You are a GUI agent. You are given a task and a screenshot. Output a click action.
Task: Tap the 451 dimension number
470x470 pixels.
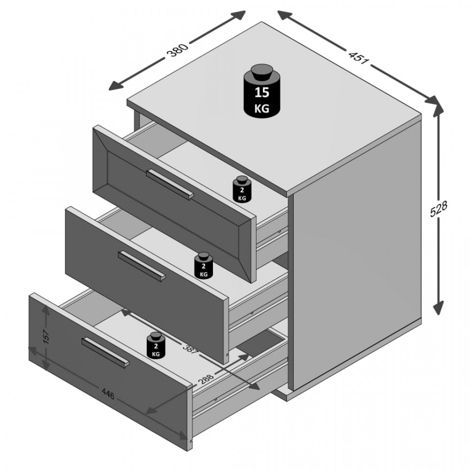coord(358,58)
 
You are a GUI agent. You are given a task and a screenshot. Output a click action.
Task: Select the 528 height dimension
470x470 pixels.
coord(438,209)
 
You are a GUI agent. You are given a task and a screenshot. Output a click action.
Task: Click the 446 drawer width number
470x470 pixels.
coord(108,394)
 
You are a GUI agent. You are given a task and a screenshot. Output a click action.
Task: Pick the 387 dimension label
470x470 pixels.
coord(191,348)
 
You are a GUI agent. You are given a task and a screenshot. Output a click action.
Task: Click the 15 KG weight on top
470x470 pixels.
coord(261,91)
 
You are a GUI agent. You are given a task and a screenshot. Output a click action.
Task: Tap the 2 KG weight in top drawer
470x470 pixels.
coord(242,188)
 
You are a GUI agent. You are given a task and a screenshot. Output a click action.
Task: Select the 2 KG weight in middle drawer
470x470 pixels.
coord(204,265)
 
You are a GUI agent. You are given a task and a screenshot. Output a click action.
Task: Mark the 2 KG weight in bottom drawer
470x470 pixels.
coord(156,345)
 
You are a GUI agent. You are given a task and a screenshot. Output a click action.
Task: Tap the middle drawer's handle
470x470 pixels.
coord(142,266)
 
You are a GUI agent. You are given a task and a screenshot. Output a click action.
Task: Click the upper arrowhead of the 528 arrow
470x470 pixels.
coord(438,111)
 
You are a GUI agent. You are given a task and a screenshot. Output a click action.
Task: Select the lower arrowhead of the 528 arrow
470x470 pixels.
coord(438,307)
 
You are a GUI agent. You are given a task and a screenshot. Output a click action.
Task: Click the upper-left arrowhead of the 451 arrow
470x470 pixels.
coord(285,15)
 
